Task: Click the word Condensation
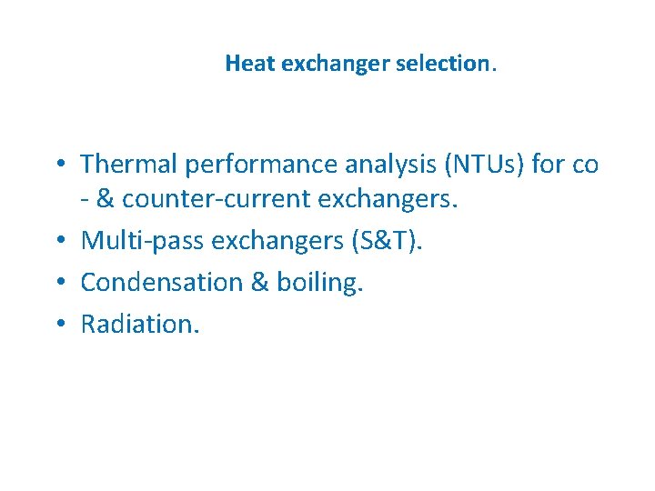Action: (161, 282)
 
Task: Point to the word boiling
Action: (322, 282)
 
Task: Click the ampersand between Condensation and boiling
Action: (259, 282)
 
